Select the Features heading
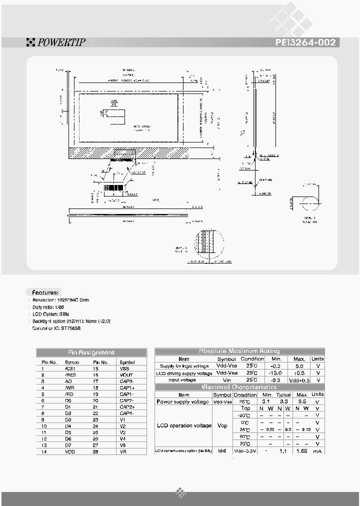(45, 292)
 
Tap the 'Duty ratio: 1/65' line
(49, 306)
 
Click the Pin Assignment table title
(91, 352)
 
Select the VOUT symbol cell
(126, 374)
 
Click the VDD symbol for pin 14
(70, 451)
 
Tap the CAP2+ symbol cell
(126, 406)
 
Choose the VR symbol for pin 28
(123, 451)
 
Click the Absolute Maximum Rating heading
(239, 351)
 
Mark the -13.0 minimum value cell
(276, 373)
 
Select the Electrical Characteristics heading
(239, 387)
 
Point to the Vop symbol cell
(222, 425)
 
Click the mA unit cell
(317, 450)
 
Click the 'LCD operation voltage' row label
(181, 425)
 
